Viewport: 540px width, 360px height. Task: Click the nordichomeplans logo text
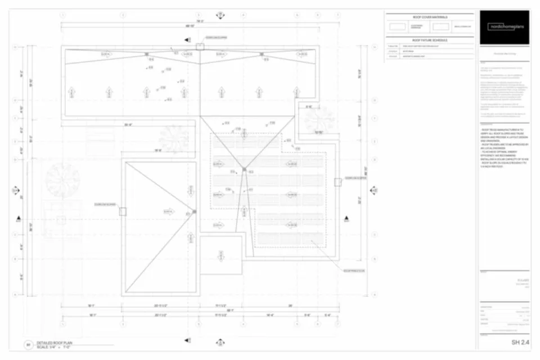[505, 26]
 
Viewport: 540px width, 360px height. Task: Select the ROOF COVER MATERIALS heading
[429, 17]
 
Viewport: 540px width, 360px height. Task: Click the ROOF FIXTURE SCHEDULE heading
[429, 40]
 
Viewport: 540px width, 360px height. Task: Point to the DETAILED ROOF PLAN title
[55, 343]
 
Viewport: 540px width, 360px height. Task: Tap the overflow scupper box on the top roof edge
[200, 47]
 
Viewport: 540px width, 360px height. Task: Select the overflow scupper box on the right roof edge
[337, 182]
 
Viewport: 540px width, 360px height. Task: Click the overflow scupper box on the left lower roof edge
[123, 211]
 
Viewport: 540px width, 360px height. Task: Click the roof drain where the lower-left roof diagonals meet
[195, 211]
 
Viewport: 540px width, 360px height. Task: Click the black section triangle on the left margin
[18, 218]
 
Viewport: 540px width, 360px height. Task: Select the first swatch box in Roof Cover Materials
[397, 26]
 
